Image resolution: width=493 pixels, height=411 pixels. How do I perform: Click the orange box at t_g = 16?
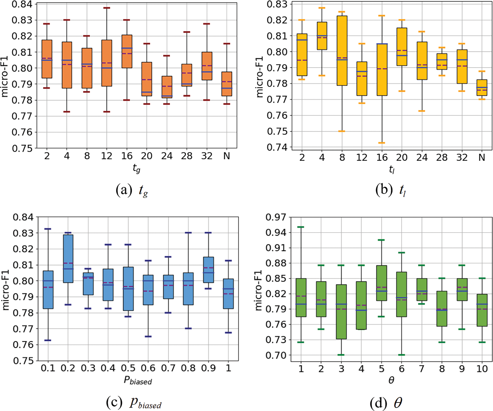(127, 51)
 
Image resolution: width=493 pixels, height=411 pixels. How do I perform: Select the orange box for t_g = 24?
(167, 87)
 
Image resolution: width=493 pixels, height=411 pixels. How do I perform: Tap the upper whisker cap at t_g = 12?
(107, 8)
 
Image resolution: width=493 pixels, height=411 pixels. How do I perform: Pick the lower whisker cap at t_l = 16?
(382, 143)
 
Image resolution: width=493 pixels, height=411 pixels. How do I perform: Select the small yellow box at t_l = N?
(482, 87)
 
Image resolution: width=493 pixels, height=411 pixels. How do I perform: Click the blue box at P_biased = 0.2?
(68, 258)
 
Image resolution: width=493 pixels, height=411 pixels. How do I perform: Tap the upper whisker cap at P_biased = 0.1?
(48, 229)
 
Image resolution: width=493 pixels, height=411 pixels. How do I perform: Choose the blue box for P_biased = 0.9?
(208, 270)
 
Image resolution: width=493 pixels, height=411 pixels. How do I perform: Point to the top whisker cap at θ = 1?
(301, 227)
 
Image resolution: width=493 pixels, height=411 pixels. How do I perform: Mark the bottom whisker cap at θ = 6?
(402, 355)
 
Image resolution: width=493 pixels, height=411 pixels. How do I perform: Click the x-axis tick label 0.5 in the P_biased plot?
(128, 368)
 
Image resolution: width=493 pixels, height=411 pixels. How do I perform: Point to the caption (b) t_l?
(391, 190)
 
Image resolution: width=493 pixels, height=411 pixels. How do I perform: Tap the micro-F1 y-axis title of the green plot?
(259, 290)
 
